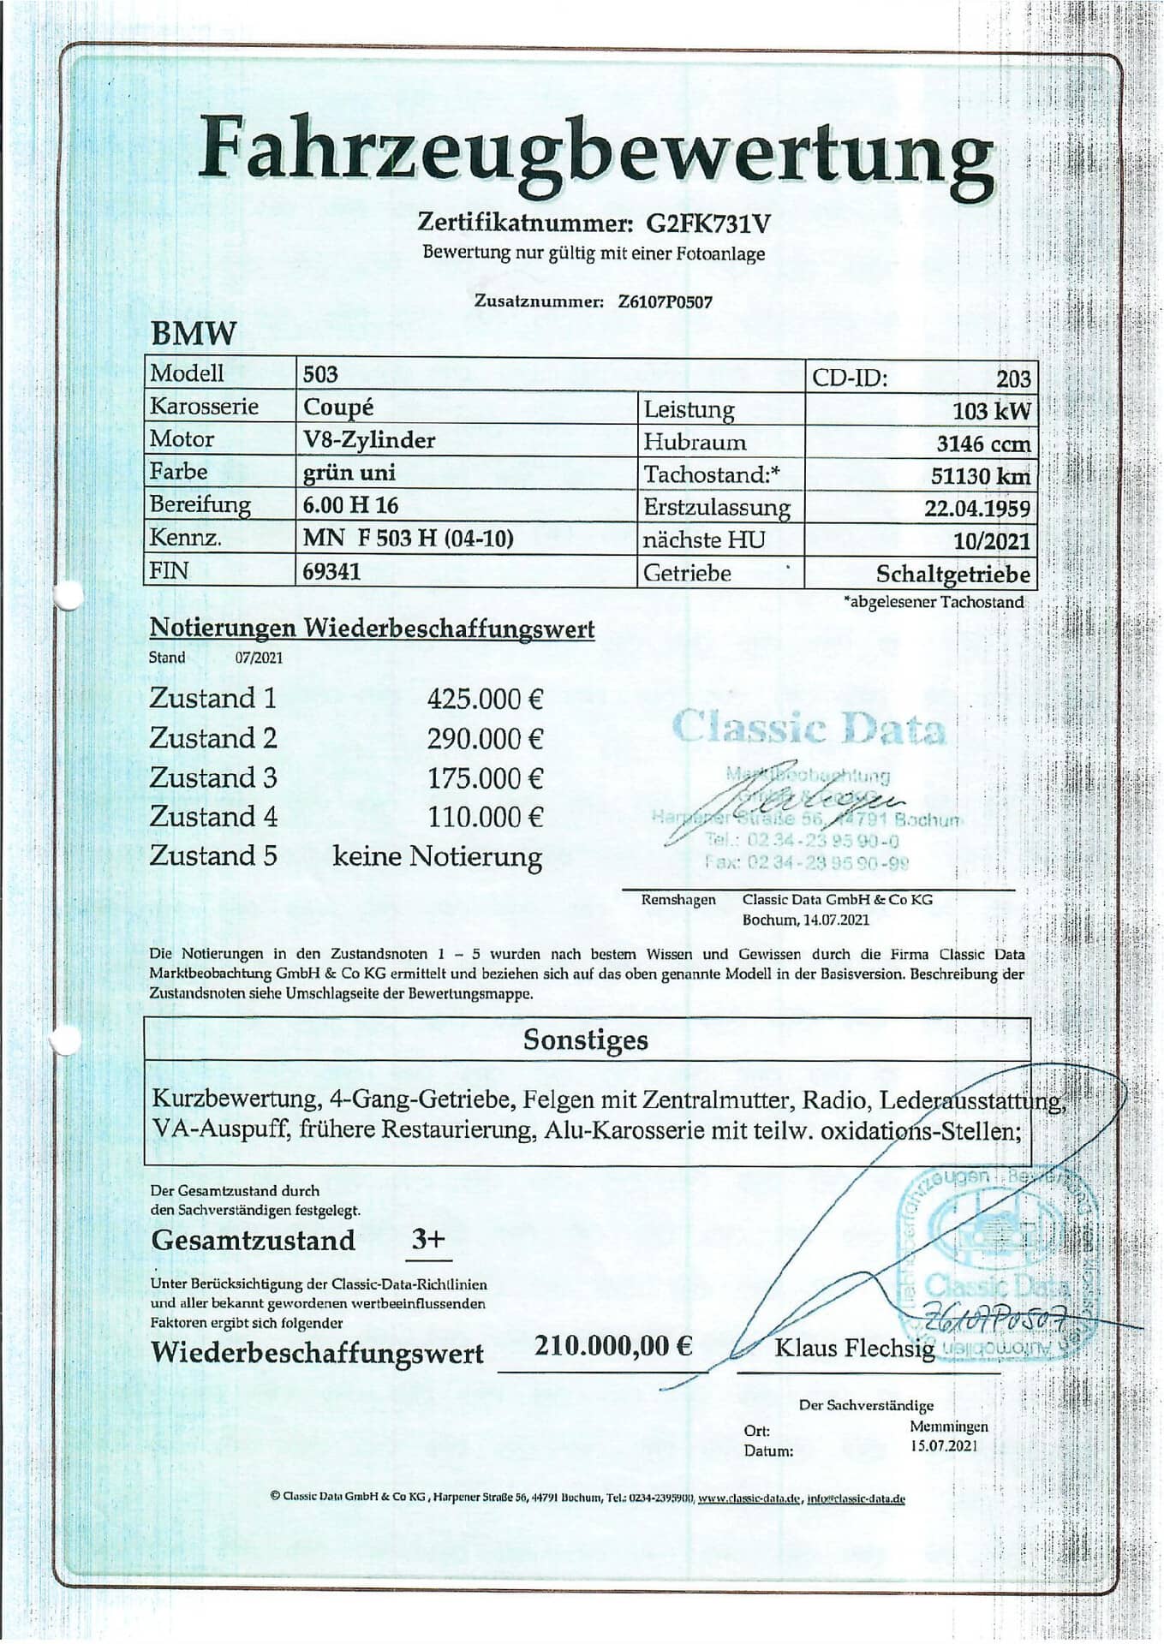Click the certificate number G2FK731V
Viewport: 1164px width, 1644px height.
707,223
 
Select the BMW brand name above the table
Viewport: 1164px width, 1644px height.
193,333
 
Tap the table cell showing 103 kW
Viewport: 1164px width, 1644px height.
991,411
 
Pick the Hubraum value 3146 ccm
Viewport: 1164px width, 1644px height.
983,444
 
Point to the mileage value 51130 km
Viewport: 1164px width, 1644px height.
980,476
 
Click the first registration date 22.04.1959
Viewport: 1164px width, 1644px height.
976,509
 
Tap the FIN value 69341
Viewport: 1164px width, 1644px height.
331,571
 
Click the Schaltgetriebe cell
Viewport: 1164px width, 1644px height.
952,574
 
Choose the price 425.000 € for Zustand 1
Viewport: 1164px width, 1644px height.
485,700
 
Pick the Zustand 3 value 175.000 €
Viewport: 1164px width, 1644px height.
485,778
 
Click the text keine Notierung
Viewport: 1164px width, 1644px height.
437,856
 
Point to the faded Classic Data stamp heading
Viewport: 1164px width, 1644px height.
809,728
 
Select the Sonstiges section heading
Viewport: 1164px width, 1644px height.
586,1039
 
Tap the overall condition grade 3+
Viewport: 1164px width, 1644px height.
428,1239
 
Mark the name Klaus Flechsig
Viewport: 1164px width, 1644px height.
854,1349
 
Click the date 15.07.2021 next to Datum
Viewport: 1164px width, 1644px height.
942,1446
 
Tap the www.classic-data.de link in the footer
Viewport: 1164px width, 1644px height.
749,1498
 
